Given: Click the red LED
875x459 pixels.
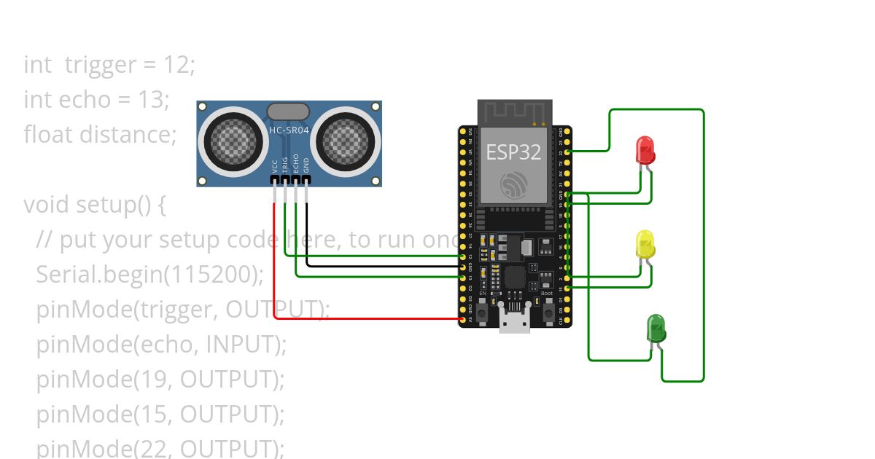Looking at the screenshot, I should (645, 150).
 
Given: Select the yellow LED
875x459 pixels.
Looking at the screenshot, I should (645, 245).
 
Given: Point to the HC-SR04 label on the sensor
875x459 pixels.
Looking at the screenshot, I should (289, 130).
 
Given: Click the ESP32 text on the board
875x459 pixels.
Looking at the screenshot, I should (514, 152).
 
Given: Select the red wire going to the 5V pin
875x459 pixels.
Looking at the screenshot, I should (274, 277).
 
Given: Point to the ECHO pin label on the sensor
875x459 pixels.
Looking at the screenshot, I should (295, 162).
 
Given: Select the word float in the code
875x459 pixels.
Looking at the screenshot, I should (48, 135).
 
